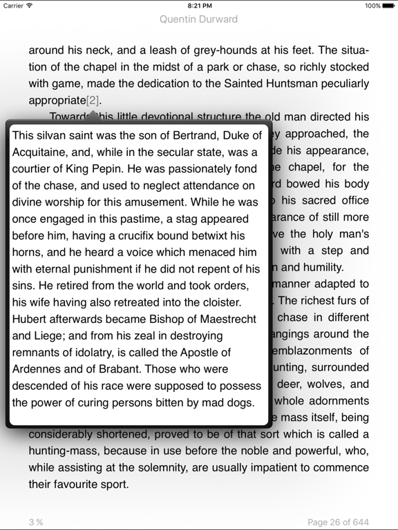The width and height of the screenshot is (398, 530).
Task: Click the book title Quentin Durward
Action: point(198,19)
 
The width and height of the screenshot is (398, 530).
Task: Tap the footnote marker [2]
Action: point(93,100)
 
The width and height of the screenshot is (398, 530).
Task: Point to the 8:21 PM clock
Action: point(198,6)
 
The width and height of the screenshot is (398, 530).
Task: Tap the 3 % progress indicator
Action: point(36,522)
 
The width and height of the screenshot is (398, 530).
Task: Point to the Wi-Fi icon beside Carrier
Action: point(30,6)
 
